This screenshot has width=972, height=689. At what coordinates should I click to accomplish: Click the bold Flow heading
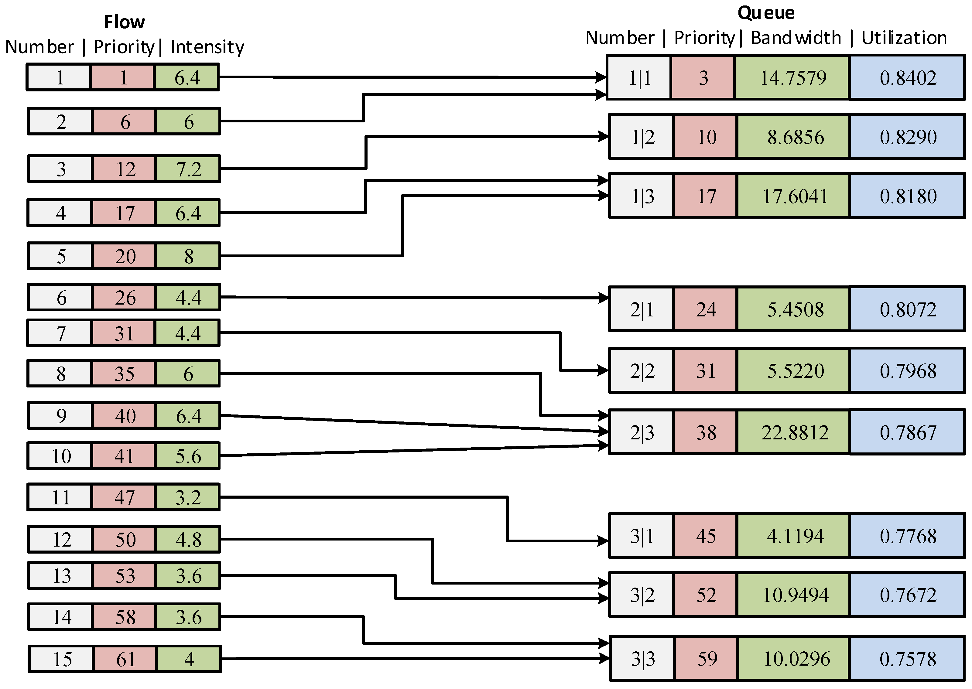pyautogui.click(x=124, y=22)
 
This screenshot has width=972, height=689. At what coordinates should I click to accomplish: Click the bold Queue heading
pyautogui.click(x=766, y=13)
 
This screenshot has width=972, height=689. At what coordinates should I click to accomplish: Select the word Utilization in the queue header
pyautogui.click(x=904, y=38)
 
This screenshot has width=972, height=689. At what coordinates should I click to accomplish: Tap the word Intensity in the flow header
pyautogui.click(x=207, y=47)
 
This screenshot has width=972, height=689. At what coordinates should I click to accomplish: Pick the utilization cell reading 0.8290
pyautogui.click(x=908, y=137)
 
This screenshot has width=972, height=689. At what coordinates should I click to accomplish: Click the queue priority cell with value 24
pyautogui.click(x=706, y=310)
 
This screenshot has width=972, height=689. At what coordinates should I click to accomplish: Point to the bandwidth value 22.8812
pyautogui.click(x=794, y=433)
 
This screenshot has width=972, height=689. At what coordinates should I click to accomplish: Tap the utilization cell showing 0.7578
pyautogui.click(x=908, y=659)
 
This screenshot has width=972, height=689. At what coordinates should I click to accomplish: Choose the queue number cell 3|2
pyautogui.click(x=642, y=595)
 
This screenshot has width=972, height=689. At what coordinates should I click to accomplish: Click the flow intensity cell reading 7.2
pyautogui.click(x=188, y=169)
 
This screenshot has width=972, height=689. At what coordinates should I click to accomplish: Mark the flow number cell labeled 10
pyautogui.click(x=61, y=456)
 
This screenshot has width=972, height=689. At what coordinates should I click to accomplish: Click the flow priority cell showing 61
pyautogui.click(x=125, y=659)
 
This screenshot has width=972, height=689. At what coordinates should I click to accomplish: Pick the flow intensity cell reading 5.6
pyautogui.click(x=188, y=456)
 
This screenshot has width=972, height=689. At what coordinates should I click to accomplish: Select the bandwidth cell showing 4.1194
pyautogui.click(x=794, y=536)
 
